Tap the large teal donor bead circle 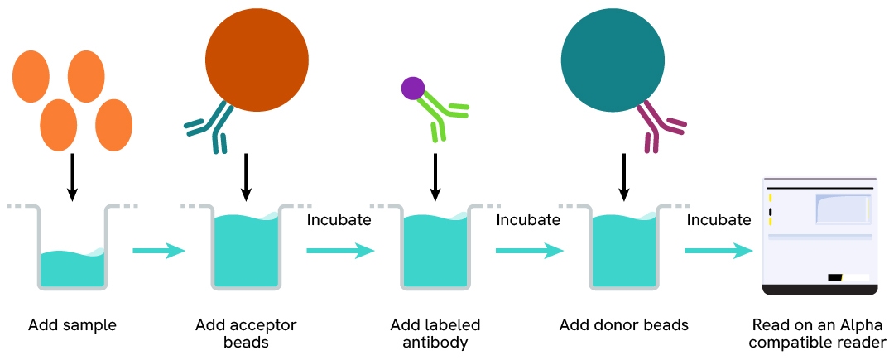pyautogui.click(x=613, y=58)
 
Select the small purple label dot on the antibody pyautogui.click(x=412, y=87)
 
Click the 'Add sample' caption pyautogui.click(x=72, y=325)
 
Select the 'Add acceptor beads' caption pyautogui.click(x=246, y=333)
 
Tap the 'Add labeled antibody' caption pyautogui.click(x=435, y=333)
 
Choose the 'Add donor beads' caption pyautogui.click(x=623, y=325)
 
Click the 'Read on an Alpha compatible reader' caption pyautogui.click(x=819, y=333)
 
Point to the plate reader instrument pyautogui.click(x=819, y=236)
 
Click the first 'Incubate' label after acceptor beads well pyautogui.click(x=339, y=220)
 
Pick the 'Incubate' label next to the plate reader pyautogui.click(x=719, y=220)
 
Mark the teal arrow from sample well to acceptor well pyautogui.click(x=159, y=251)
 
